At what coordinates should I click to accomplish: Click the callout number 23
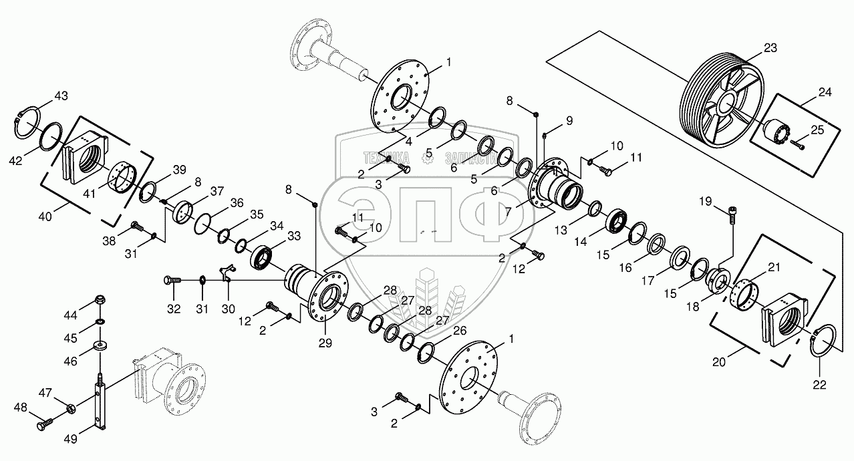[770, 48]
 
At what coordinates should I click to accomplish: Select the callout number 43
[61, 96]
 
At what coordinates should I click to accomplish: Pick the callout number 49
[71, 439]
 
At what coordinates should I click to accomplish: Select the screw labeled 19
[732, 215]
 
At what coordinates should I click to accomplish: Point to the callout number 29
[325, 343]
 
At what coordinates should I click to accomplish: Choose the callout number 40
[45, 216]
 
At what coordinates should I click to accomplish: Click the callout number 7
[509, 212]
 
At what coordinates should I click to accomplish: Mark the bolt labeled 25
[798, 145]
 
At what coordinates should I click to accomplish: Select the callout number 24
[825, 92]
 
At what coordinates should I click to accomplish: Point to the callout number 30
[229, 309]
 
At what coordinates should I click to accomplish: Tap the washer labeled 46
[100, 346]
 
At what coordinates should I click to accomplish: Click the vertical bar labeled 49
[100, 404]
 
